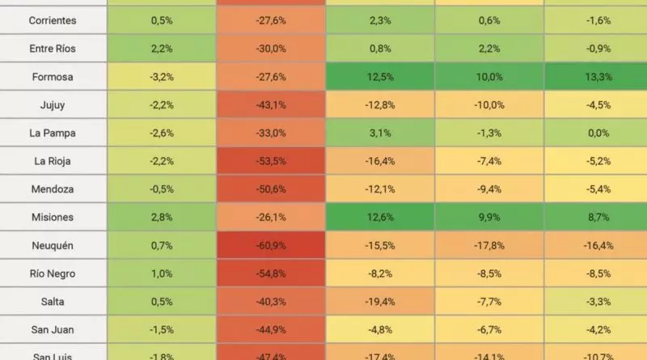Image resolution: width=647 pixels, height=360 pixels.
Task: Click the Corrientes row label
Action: click(53, 20)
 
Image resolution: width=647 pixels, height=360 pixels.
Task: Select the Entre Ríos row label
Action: click(53, 49)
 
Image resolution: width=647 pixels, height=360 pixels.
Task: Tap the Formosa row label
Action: click(53, 77)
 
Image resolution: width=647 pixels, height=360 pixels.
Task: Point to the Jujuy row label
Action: click(53, 105)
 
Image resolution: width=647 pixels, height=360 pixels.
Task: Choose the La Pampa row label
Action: click(53, 133)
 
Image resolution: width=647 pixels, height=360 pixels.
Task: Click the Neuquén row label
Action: click(53, 245)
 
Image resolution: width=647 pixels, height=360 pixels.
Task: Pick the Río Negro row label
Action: click(53, 273)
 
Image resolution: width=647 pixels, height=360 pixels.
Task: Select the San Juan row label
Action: click(53, 330)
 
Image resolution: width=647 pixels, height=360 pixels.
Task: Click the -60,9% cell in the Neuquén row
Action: click(270, 245)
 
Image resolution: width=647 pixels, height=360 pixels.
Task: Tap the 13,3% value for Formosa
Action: click(598, 77)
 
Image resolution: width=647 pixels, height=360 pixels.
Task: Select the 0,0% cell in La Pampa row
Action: click(598, 133)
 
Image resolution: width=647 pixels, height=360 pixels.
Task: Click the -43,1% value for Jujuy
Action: click(270, 105)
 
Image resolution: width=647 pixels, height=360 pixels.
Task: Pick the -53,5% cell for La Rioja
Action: click(270, 161)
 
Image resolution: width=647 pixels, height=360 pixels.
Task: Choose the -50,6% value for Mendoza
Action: click(270, 189)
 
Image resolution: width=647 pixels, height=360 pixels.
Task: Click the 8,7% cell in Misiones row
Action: click(598, 218)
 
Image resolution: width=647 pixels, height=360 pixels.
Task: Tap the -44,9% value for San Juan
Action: click(270, 330)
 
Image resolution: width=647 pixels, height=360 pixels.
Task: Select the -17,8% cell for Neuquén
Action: click(488, 245)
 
